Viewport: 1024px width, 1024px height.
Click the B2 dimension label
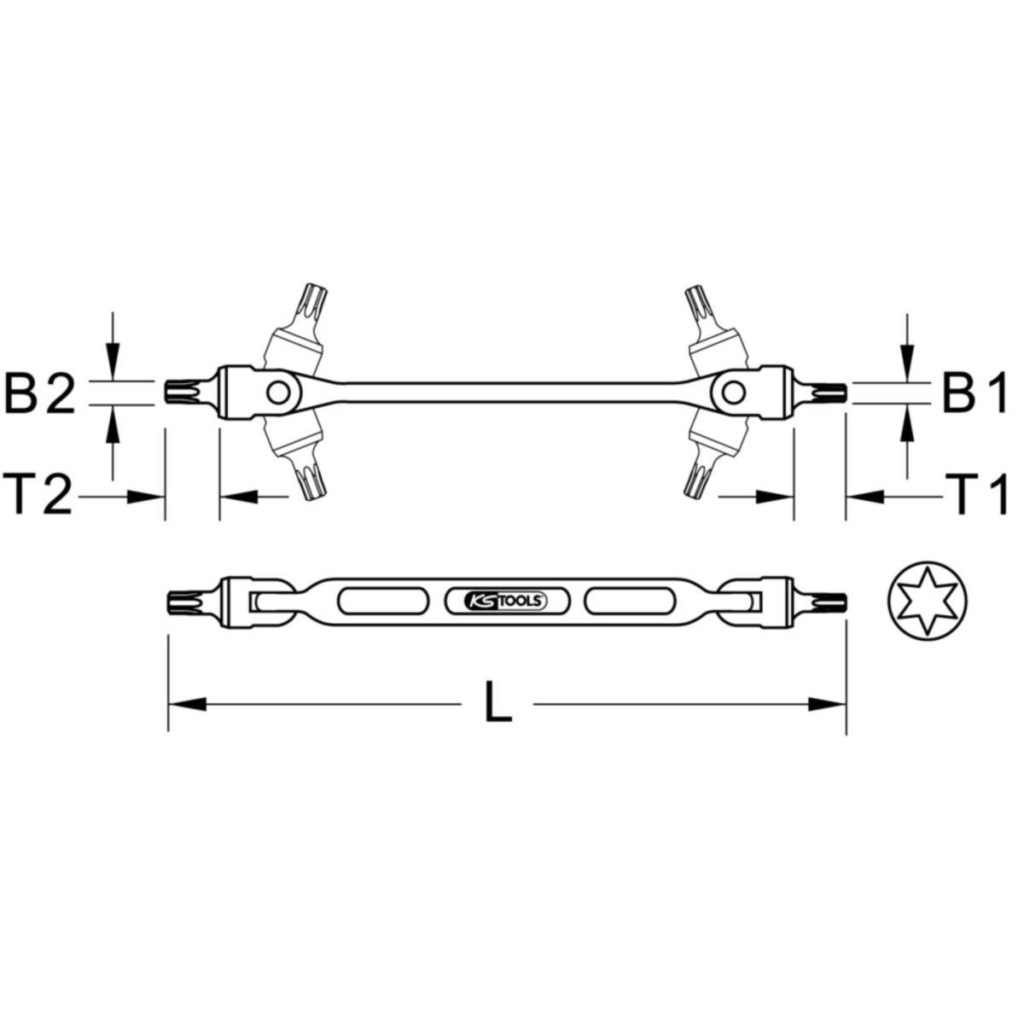[39, 393]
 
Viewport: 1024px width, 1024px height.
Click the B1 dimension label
[975, 393]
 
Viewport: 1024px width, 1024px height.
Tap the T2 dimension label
[38, 494]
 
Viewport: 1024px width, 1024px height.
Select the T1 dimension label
[975, 494]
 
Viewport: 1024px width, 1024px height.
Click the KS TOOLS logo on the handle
[503, 601]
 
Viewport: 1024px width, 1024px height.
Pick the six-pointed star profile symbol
[927, 601]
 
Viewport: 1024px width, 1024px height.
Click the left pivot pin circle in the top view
[278, 393]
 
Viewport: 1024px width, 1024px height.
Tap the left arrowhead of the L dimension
[187, 705]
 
